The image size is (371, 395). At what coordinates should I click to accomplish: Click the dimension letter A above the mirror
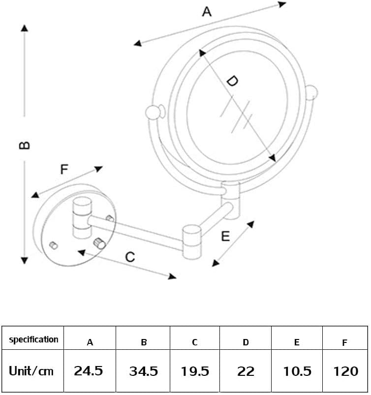[x=207, y=11]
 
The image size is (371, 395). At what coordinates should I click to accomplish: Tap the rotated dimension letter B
[x=24, y=145]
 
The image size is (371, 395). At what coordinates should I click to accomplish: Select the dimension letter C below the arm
[x=129, y=256]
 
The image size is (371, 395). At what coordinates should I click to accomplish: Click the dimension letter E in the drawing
[x=225, y=236]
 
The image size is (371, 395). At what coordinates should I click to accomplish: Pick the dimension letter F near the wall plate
[x=64, y=170]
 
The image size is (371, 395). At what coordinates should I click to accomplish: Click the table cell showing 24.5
[x=89, y=370]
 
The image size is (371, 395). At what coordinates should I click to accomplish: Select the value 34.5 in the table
[x=143, y=371]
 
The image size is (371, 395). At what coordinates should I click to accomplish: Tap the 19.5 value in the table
[x=194, y=371]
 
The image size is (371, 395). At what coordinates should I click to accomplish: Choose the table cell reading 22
[x=246, y=371]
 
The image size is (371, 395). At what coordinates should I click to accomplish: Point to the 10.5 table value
[x=297, y=371]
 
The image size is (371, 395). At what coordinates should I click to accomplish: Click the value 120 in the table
[x=345, y=371]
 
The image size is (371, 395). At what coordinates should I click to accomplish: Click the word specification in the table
[x=33, y=339]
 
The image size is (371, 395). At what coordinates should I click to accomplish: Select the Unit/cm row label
[x=31, y=370]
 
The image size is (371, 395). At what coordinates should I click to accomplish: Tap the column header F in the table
[x=344, y=343]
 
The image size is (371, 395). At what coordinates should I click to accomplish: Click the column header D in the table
[x=246, y=342]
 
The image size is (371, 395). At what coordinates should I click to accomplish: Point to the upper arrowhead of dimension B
[x=24, y=28]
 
